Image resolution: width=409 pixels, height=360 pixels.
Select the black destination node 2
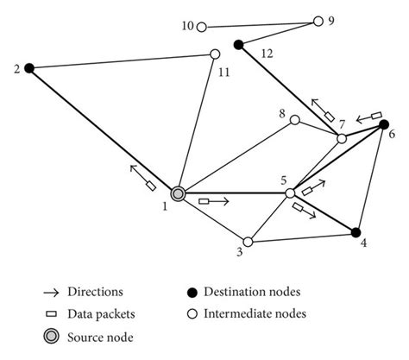coord(28,67)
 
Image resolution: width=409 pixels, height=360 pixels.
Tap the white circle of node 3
coord(248,243)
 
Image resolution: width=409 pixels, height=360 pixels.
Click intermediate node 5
coord(291,193)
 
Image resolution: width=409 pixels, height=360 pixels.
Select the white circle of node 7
coord(342,138)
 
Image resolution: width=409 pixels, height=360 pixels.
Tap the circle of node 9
coord(318,21)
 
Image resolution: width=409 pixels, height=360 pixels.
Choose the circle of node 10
coord(201,27)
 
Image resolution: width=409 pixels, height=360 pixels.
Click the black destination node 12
coord(238,42)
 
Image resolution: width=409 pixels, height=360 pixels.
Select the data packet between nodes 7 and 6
coord(375,113)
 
